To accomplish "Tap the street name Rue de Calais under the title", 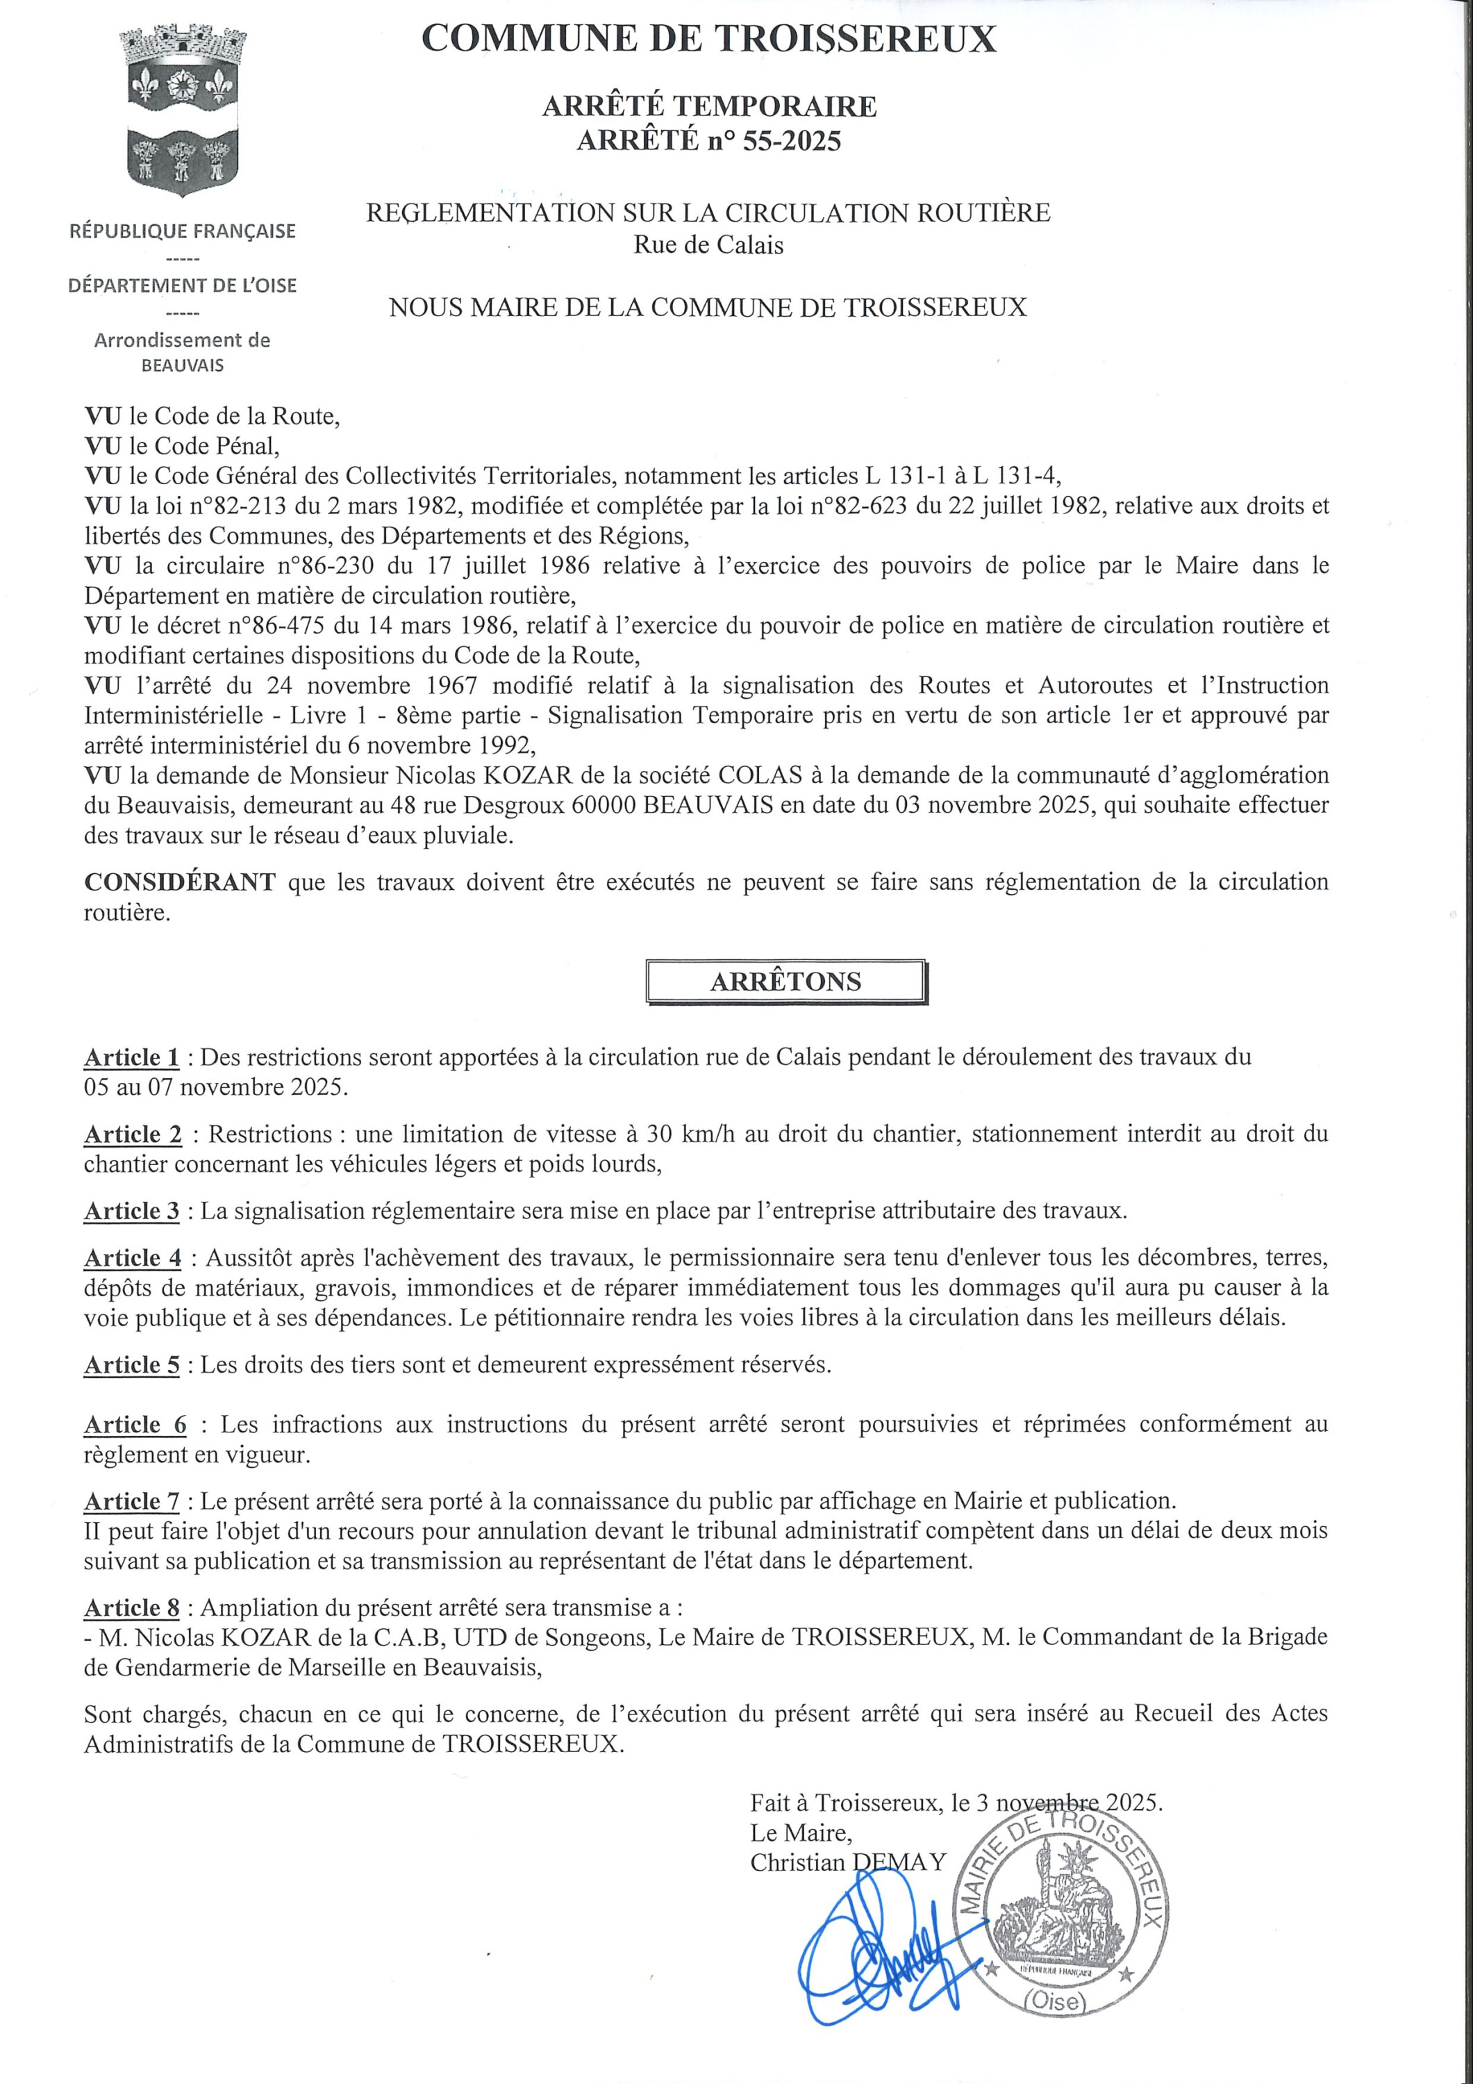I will (708, 245).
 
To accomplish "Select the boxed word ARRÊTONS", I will (786, 981).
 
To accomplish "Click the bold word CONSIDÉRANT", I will (180, 882).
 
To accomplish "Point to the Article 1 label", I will (131, 1057).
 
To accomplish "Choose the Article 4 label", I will (133, 1258).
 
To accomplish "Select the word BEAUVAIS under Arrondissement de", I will (183, 366).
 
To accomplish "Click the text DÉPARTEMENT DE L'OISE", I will (183, 286).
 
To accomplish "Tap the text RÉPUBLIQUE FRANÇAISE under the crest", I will (183, 231).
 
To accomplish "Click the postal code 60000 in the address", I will (604, 805).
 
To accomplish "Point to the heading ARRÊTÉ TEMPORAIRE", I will (709, 107).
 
